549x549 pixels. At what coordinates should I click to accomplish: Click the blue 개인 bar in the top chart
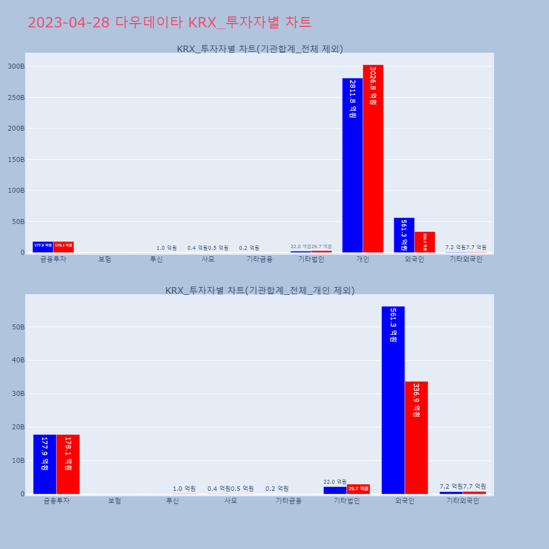(x=352, y=165)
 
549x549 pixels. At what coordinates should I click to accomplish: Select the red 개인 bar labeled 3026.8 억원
(x=373, y=159)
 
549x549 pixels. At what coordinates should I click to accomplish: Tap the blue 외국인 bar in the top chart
(x=404, y=235)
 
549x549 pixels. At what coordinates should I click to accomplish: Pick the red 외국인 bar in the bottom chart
(x=416, y=438)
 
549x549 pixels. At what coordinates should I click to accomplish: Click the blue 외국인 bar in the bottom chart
(x=393, y=400)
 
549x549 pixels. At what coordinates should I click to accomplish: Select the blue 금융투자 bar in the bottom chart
(x=44, y=464)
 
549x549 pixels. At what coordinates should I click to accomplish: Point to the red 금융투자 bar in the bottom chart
(x=68, y=464)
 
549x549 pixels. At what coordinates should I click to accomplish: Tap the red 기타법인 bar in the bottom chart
(x=358, y=489)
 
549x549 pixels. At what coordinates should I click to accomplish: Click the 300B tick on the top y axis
(x=16, y=66)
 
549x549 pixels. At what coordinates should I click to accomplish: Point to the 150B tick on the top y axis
(x=16, y=160)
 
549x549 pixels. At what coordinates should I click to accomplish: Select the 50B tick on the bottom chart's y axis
(x=18, y=327)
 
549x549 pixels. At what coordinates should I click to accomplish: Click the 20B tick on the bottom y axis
(x=18, y=427)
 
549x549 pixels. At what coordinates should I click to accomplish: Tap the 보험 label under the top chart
(x=105, y=259)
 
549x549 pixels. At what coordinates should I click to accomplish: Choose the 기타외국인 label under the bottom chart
(x=463, y=501)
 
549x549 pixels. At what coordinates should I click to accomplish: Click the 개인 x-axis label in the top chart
(x=363, y=259)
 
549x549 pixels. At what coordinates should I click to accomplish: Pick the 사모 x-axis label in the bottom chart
(x=231, y=501)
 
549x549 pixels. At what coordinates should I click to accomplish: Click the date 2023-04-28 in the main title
(x=69, y=23)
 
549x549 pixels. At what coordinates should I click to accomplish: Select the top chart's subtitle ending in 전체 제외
(x=260, y=49)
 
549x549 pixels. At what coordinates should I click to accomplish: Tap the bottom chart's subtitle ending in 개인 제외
(x=260, y=290)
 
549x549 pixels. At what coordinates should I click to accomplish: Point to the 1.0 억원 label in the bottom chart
(x=184, y=489)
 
